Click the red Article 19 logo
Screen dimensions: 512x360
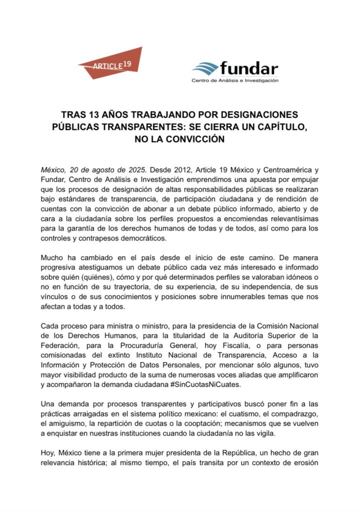pyautogui.click(x=110, y=63)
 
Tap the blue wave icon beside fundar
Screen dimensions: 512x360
pyautogui.click(x=204, y=68)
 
